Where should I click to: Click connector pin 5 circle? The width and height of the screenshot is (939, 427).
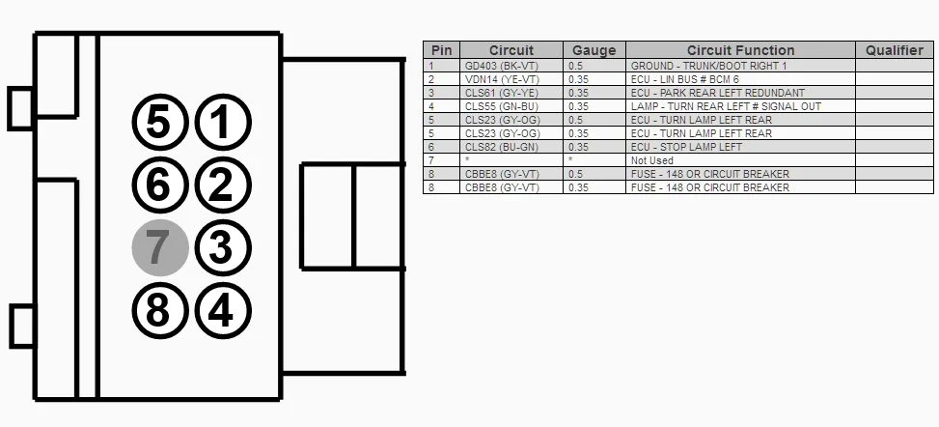pos(160,122)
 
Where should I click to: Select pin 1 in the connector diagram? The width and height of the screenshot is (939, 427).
pos(223,122)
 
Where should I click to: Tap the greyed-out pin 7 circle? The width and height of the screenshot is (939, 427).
pos(160,247)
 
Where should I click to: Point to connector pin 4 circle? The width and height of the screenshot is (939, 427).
pos(223,311)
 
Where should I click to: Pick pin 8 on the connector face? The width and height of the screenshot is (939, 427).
pos(160,311)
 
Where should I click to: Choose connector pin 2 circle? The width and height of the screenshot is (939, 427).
pos(223,185)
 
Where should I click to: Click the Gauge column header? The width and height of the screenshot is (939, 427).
pos(594,50)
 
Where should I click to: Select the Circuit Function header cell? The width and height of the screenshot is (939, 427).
pos(741,50)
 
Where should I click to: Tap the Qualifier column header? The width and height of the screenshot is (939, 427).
pos(895,50)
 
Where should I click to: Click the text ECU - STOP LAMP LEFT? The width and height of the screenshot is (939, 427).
pos(686,147)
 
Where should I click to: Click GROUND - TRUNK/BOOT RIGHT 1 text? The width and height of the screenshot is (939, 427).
pos(709,66)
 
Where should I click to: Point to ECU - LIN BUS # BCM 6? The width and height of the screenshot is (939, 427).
pos(685,79)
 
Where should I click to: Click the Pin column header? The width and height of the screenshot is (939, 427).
pos(442,50)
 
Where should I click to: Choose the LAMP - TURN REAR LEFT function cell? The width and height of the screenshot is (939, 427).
pos(741,106)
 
